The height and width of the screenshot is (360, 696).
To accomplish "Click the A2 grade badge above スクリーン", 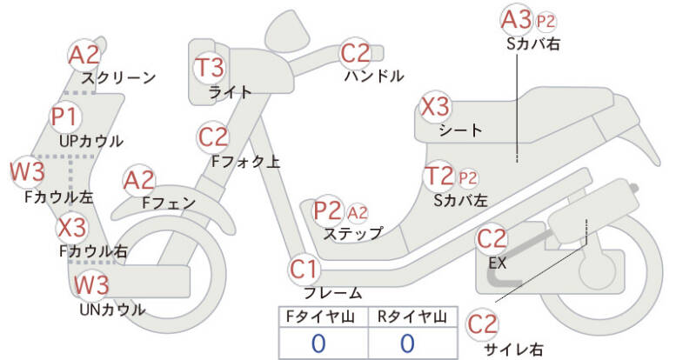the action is [x=84, y=55].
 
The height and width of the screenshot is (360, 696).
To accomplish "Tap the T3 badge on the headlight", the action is [x=210, y=67].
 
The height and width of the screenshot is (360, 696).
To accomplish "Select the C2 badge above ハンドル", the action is [x=355, y=53].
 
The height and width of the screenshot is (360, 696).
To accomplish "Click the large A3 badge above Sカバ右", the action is [x=516, y=20].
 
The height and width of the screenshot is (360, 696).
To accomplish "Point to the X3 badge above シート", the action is [x=435, y=107].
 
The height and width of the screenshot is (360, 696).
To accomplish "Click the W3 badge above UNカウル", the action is [x=91, y=284].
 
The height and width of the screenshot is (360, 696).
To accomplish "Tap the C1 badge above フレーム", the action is [x=304, y=269].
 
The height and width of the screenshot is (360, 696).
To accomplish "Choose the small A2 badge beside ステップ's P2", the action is [x=358, y=213].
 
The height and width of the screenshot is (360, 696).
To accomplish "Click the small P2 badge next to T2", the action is [x=467, y=178].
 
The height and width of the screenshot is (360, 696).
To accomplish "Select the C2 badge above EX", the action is [x=492, y=239].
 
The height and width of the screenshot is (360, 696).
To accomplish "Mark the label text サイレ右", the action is [x=513, y=350].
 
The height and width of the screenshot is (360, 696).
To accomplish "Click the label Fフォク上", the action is [x=245, y=161].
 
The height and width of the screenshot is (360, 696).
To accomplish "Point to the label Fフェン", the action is [x=169, y=203].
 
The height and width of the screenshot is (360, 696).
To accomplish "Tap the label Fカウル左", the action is [x=59, y=197].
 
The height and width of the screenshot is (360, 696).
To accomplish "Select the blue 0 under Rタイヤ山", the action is [x=407, y=343].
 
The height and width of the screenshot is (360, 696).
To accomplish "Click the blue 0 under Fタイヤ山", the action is [x=318, y=343].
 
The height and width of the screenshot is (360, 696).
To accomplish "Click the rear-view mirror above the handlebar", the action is [x=288, y=30].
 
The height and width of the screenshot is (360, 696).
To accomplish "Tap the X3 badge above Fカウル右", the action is [x=72, y=228].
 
